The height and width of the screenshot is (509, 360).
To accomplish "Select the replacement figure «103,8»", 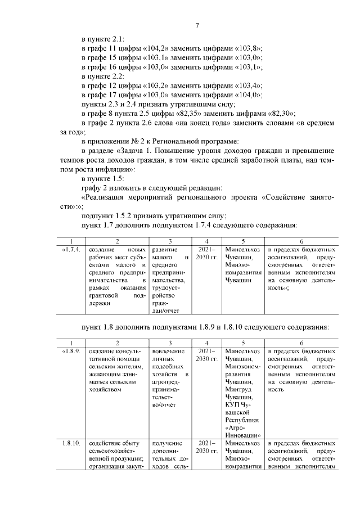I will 253,49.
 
